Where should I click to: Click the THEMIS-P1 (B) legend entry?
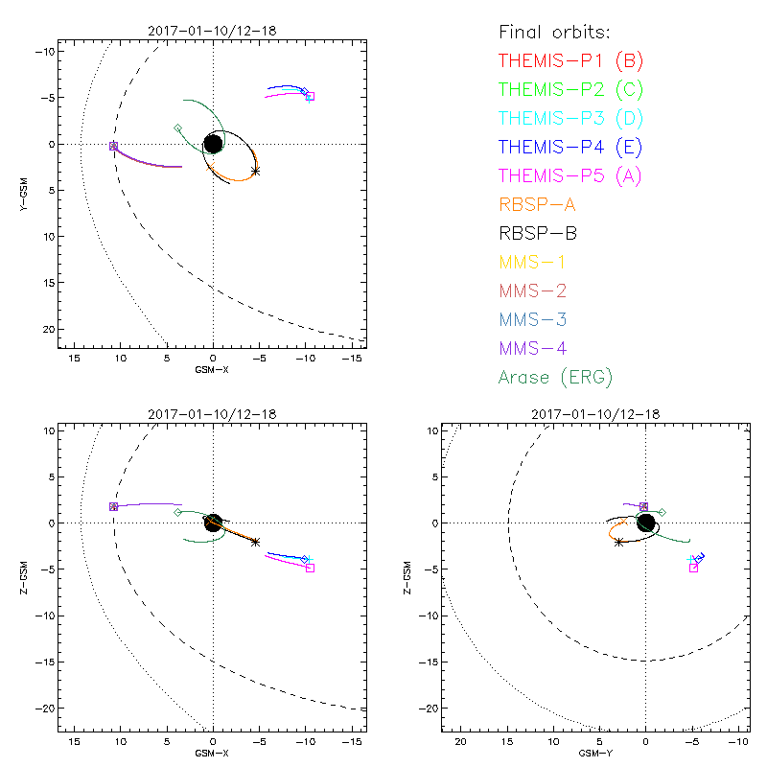[x=571, y=61]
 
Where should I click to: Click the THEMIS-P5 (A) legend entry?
[x=571, y=175]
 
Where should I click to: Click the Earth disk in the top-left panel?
[x=213, y=144]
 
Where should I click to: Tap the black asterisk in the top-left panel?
[x=255, y=171]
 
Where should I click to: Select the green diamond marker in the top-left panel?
[x=177, y=128]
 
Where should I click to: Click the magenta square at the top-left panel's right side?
[x=310, y=96]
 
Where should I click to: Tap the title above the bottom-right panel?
[x=645, y=413]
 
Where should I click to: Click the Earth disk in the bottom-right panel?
[x=645, y=523]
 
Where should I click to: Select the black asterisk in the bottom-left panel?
[x=255, y=542]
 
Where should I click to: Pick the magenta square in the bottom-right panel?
[x=693, y=568]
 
